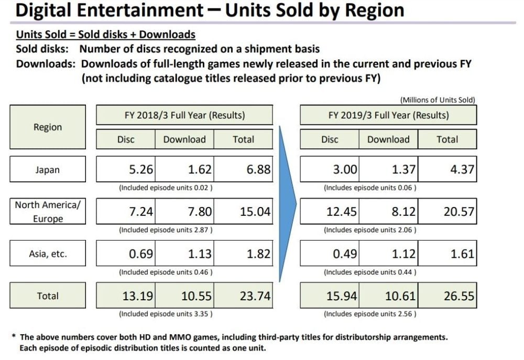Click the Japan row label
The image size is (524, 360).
[47, 170]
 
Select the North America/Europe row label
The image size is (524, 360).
[47, 212]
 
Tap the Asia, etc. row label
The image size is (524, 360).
[47, 255]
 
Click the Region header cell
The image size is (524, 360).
[47, 127]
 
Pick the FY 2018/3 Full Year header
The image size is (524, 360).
[184, 115]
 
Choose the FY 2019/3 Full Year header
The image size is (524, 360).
[388, 115]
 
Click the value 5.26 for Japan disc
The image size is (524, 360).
[141, 170]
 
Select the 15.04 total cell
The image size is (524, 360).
[255, 212]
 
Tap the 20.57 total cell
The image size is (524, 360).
[458, 212]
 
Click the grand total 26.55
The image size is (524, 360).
[458, 297]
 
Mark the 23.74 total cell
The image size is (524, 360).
[255, 297]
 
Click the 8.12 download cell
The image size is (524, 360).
[403, 212]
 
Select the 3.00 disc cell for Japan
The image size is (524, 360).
[345, 170]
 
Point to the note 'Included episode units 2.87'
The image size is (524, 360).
[166, 230]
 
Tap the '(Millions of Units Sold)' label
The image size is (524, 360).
[438, 100]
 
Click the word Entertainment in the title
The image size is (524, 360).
[139, 10]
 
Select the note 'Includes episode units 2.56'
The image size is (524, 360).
[370, 314]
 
